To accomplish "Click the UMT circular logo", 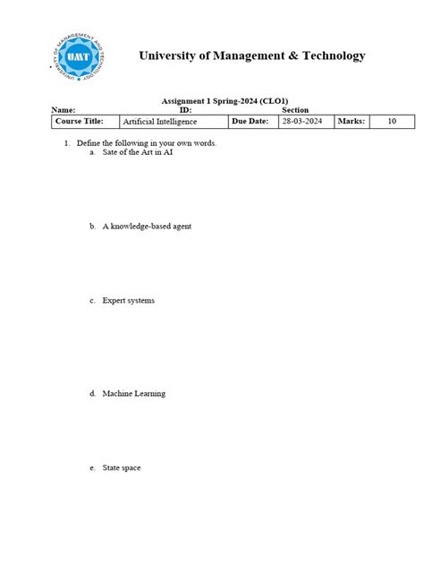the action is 77,56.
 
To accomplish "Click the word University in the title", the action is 167,56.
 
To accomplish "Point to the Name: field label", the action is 64,110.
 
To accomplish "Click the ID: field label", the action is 185,110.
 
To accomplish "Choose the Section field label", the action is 295,110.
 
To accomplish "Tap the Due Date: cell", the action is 250,121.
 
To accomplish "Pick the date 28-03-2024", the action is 301,121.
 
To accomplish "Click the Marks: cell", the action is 351,121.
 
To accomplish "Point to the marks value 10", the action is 392,121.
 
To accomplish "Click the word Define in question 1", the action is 89,143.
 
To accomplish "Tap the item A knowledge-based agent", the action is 147,227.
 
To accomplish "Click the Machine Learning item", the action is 133,394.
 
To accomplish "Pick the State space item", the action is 122,468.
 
